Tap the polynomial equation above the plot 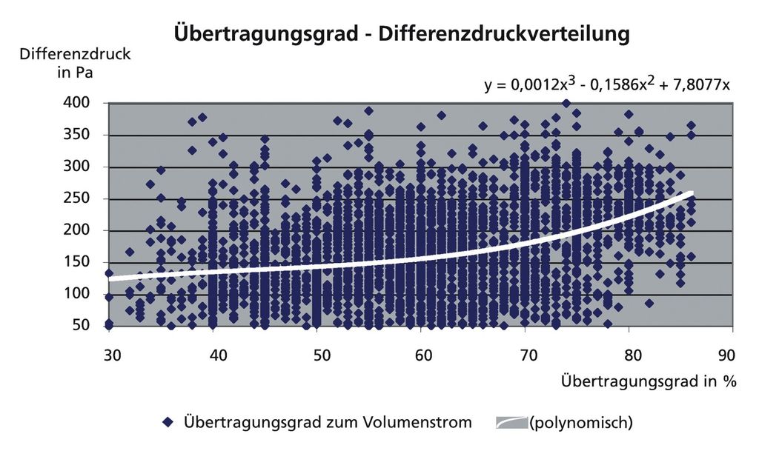point(608,84)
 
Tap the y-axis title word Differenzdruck point(75,54)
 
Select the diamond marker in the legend point(168,424)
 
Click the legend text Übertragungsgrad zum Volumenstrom point(327,423)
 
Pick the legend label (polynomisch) point(580,424)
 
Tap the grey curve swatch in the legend point(511,424)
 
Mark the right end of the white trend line point(692,193)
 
